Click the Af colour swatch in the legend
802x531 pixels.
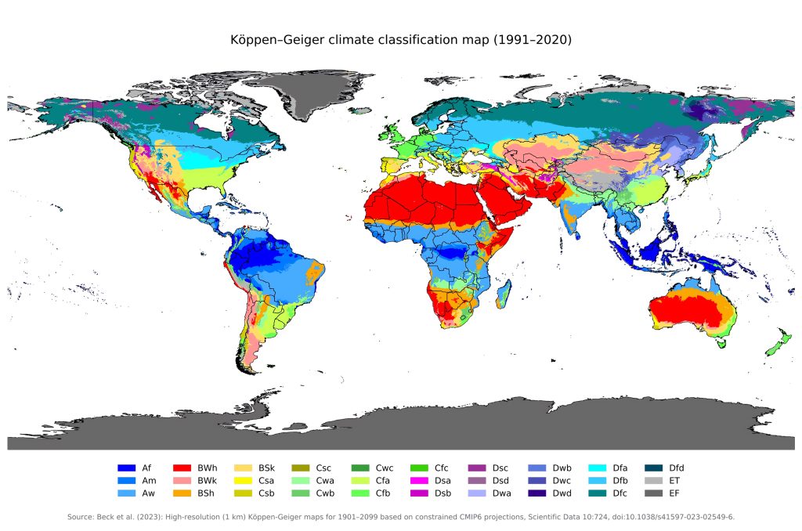click(x=127, y=468)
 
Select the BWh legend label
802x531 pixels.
click(x=208, y=468)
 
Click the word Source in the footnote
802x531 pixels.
click(x=81, y=517)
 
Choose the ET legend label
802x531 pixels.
click(x=674, y=480)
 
